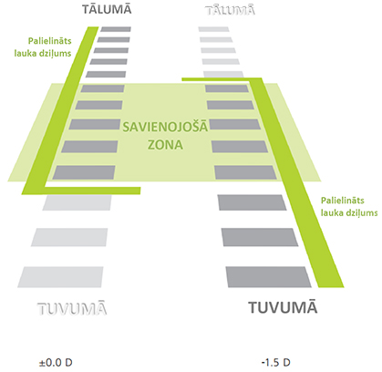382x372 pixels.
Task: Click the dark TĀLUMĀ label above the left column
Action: [x=107, y=9]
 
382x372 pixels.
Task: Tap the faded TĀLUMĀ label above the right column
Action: [x=230, y=10]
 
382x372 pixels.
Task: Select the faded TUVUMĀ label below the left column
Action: [x=72, y=308]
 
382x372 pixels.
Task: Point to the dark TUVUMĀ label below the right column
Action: [x=283, y=307]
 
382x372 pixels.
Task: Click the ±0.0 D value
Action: [x=56, y=362]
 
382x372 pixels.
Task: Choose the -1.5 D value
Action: [x=275, y=362]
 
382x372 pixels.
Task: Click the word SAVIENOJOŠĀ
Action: [x=165, y=127]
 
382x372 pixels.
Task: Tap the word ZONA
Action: [x=165, y=145]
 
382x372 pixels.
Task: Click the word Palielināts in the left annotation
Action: [x=50, y=41]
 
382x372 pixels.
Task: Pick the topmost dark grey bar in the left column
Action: [x=116, y=29]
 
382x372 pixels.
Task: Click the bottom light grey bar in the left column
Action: [x=60, y=277]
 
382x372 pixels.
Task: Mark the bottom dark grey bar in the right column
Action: [x=269, y=277]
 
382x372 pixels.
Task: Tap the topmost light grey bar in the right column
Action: [x=213, y=29]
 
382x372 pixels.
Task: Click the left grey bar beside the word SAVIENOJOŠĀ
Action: [x=95, y=125]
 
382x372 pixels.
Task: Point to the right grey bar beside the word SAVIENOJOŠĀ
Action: [x=235, y=125]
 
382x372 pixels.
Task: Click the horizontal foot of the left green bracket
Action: [x=92, y=191]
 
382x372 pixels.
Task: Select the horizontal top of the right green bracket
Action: [x=222, y=79]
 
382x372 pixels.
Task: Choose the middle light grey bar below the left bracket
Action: [x=69, y=237]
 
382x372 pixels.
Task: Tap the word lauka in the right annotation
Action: [x=331, y=212]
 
